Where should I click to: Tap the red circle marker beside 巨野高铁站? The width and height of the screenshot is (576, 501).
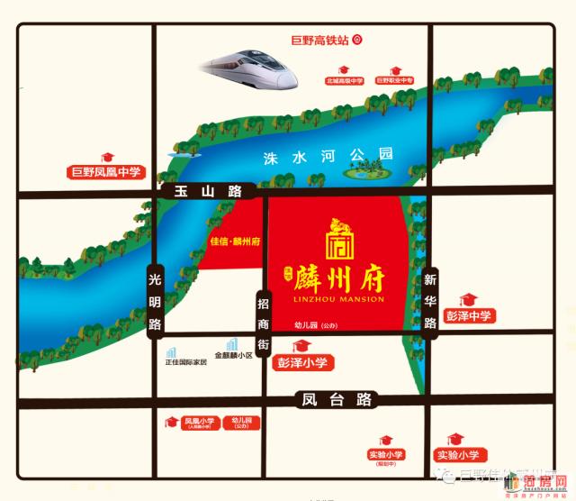[x=356, y=39]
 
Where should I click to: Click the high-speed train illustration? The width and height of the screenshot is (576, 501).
[x=250, y=68]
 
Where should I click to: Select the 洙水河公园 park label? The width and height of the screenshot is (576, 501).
[x=328, y=157]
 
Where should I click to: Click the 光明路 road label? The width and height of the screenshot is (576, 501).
[x=154, y=301]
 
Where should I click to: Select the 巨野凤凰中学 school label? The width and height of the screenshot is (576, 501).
[x=106, y=172]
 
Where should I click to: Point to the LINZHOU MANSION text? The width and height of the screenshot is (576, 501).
[x=338, y=299]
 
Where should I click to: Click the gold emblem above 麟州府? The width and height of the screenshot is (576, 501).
[x=337, y=237]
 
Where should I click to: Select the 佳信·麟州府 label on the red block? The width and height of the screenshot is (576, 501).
[x=234, y=241]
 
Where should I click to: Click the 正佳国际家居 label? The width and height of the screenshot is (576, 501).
[x=185, y=361]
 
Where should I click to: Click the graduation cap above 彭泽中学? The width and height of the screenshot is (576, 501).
[x=467, y=298]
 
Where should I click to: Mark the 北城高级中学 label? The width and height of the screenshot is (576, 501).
[x=344, y=81]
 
